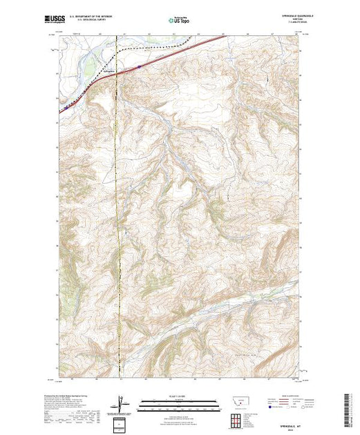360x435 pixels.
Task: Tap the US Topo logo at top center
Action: pos(178,21)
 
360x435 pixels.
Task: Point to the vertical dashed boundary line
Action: pos(120,207)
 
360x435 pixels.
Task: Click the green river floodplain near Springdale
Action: pos(88,66)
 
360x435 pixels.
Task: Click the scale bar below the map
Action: pos(178,403)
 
